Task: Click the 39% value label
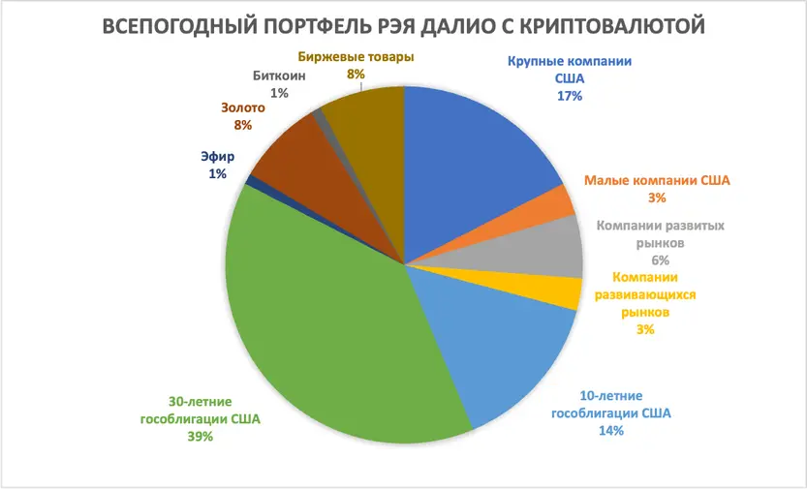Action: pyautogui.click(x=201, y=437)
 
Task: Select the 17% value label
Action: pyautogui.click(x=569, y=96)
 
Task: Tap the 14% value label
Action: pyautogui.click(x=610, y=430)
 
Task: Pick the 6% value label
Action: pyautogui.click(x=661, y=260)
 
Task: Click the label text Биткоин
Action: pyautogui.click(x=278, y=76)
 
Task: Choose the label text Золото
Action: pyautogui.click(x=242, y=107)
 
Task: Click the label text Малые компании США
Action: pyautogui.click(x=658, y=180)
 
